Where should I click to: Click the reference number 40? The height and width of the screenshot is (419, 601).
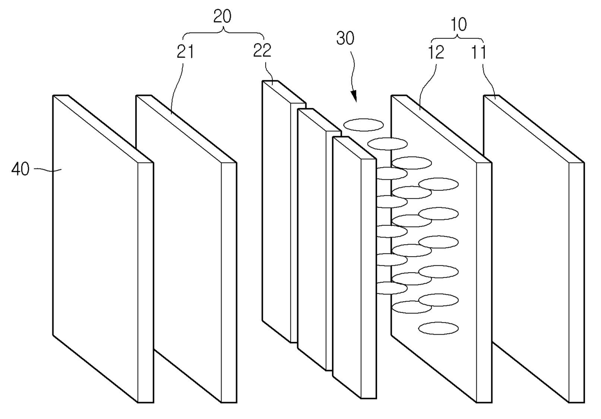pyautogui.click(x=20, y=170)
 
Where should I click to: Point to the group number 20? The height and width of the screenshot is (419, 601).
pyautogui.click(x=222, y=17)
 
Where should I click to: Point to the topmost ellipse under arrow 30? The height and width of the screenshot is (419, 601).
pyautogui.click(x=363, y=125)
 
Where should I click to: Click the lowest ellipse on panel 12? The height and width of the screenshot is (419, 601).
pyautogui.click(x=438, y=328)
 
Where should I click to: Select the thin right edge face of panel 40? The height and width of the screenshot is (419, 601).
pyautogui.click(x=146, y=281)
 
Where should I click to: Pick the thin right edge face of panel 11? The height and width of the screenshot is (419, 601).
pyautogui.click(x=576, y=281)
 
